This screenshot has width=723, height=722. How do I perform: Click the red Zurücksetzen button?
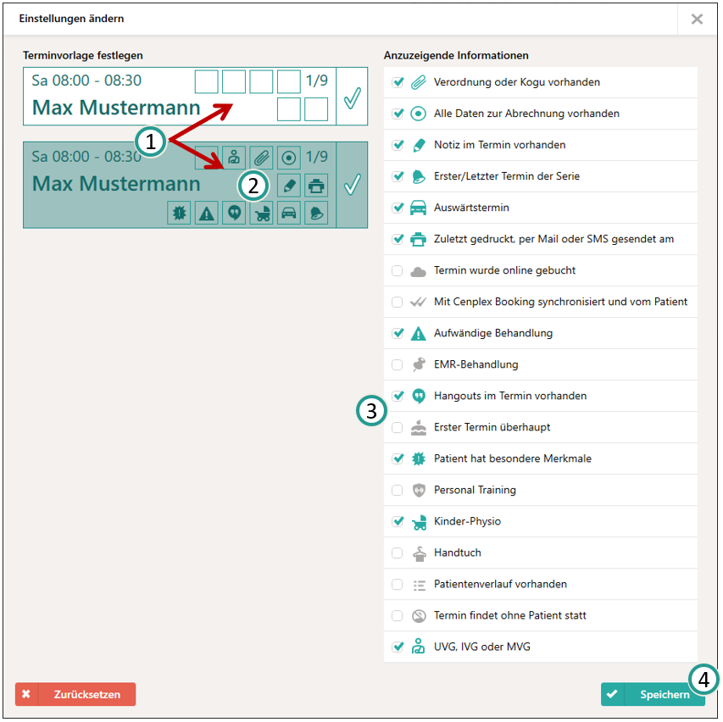75,694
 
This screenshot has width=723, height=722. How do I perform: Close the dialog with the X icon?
697,19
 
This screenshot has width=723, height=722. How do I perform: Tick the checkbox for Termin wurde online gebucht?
397,270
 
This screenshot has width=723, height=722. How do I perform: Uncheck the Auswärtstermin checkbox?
398,208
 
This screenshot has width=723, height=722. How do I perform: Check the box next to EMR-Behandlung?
397,364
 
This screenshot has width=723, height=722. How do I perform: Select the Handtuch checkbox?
397,553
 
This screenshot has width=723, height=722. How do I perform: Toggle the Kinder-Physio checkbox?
398,521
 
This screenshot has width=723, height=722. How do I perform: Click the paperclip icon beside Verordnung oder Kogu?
418,82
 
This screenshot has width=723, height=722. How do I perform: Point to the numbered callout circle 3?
371,411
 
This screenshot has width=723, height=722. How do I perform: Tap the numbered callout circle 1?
150,141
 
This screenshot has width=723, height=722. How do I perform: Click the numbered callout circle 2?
253,186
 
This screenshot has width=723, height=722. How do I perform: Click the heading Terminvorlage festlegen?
83,55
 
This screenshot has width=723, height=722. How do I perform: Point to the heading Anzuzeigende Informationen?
456,55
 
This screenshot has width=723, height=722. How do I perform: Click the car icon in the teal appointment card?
289,213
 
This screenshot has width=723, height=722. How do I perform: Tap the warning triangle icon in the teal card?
207,213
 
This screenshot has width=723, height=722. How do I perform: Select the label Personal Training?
475,490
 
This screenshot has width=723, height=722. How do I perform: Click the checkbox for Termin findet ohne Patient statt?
397,615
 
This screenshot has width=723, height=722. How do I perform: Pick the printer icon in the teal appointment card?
316,186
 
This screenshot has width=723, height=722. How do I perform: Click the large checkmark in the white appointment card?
353,97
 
